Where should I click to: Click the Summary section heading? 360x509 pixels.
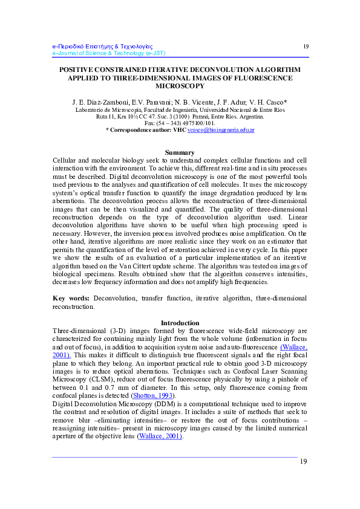pyautogui.click(x=180, y=152)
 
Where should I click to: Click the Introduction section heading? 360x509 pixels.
pyautogui.click(x=180, y=323)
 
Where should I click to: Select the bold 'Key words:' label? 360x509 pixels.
pyautogui.click(x=72, y=298)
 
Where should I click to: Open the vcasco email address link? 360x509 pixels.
pyautogui.click(x=221, y=130)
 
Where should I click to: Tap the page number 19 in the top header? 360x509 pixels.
pyautogui.click(x=306, y=47)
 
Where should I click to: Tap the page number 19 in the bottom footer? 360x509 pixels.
pyautogui.click(x=304, y=461)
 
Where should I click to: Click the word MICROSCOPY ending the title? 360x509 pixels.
pyautogui.click(x=180, y=86)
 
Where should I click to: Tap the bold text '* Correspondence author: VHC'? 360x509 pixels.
pyautogui.click(x=145, y=130)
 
